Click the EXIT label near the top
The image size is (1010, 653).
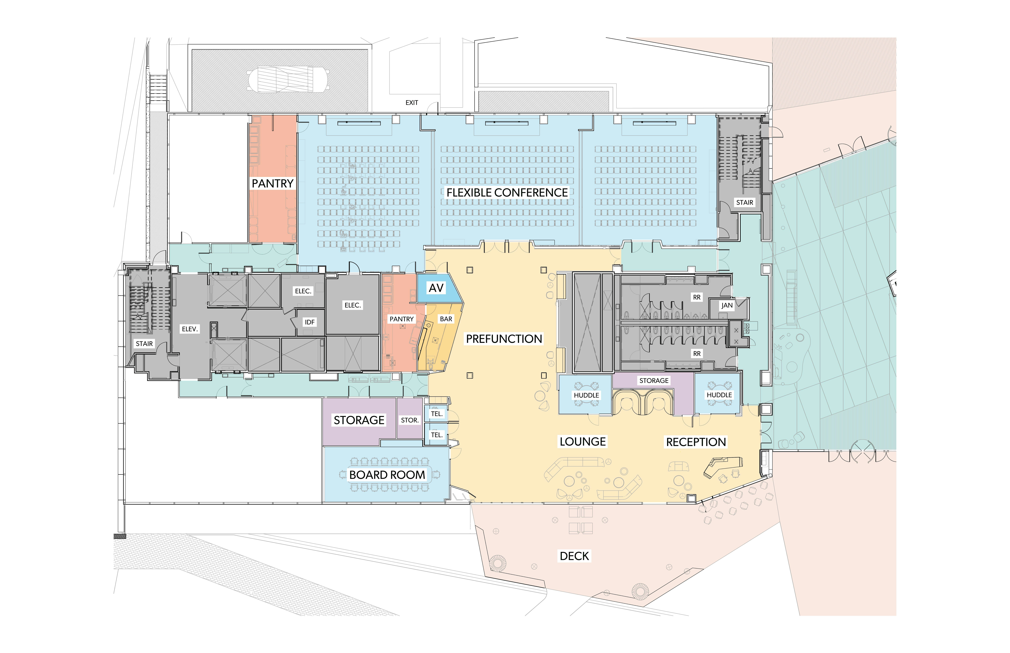(412, 103)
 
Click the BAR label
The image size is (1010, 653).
(446, 319)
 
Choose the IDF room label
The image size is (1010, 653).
(310, 322)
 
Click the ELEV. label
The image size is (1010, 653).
(190, 329)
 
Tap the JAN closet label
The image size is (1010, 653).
(727, 305)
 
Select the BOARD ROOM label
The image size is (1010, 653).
(387, 475)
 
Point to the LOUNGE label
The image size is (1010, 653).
(583, 442)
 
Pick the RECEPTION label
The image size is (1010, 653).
(696, 442)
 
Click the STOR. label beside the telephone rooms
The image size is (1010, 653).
(410, 420)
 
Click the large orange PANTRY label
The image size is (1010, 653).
(272, 184)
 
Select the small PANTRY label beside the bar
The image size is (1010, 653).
(401, 319)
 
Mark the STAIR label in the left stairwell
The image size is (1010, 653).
(144, 344)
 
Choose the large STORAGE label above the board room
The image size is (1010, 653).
(359, 420)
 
